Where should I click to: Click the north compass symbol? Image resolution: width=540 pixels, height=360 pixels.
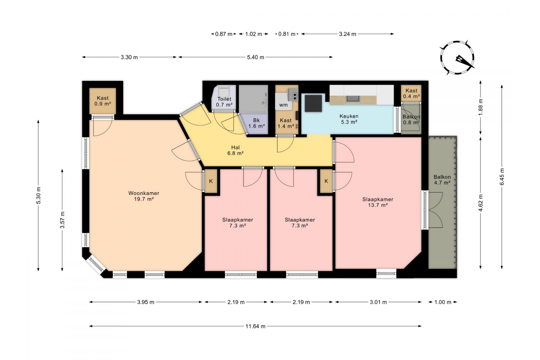tap(457, 58)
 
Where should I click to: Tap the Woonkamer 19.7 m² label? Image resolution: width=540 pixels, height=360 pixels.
tap(144, 196)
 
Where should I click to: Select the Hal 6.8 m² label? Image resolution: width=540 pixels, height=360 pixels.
tap(235, 150)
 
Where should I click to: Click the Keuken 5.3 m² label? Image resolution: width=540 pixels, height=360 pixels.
tap(349, 119)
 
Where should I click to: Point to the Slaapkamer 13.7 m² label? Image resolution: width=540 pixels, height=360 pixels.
tap(378, 202)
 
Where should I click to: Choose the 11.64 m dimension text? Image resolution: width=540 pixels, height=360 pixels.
tap(255, 326)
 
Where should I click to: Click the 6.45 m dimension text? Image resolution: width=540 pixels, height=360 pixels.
tap(502, 177)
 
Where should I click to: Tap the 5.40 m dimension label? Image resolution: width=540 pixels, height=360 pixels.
tap(256, 57)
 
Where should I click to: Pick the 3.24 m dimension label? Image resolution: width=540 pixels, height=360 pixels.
tap(348, 34)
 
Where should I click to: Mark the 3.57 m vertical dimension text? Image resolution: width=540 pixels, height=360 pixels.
tap(62, 220)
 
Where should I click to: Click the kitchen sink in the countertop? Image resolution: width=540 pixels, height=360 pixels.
tap(352, 99)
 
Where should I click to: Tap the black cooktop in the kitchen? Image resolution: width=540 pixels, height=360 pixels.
tap(313, 103)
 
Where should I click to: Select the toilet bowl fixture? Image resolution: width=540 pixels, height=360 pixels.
tap(223, 90)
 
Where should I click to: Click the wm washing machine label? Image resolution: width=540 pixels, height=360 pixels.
tap(283, 105)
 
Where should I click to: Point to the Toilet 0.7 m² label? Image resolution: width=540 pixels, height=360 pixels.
tap(224, 102)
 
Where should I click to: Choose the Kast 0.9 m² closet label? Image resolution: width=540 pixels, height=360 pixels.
tap(103, 101)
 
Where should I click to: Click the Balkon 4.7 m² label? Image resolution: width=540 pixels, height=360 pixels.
tap(442, 180)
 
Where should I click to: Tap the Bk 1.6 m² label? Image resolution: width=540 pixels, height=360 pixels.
tap(256, 123)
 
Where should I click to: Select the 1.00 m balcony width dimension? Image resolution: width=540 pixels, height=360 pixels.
tap(443, 302)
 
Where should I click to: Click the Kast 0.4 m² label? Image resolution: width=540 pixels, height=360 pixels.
tap(411, 93)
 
